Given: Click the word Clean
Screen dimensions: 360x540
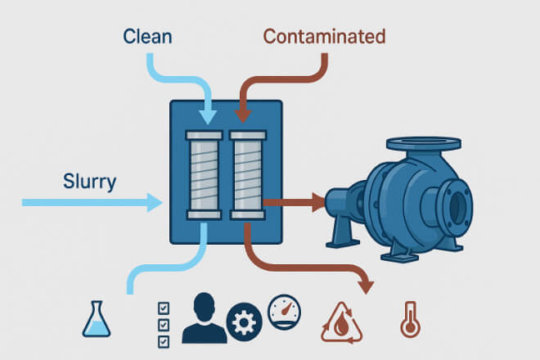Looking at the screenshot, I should (x=148, y=36).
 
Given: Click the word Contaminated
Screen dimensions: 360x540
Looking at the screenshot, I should (x=324, y=36).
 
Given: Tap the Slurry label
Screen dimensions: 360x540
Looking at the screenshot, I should (x=89, y=181).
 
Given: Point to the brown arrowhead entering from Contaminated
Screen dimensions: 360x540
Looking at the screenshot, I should (x=242, y=117).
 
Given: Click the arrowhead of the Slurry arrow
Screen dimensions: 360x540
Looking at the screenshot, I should (x=155, y=201).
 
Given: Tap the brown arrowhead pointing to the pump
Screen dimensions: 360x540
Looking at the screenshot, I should (x=317, y=201).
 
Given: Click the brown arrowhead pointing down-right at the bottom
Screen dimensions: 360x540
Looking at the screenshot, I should (x=366, y=286).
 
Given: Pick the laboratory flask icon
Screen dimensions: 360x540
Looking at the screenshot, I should (x=96, y=320).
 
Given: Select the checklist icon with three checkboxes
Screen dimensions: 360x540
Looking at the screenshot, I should (x=163, y=323).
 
